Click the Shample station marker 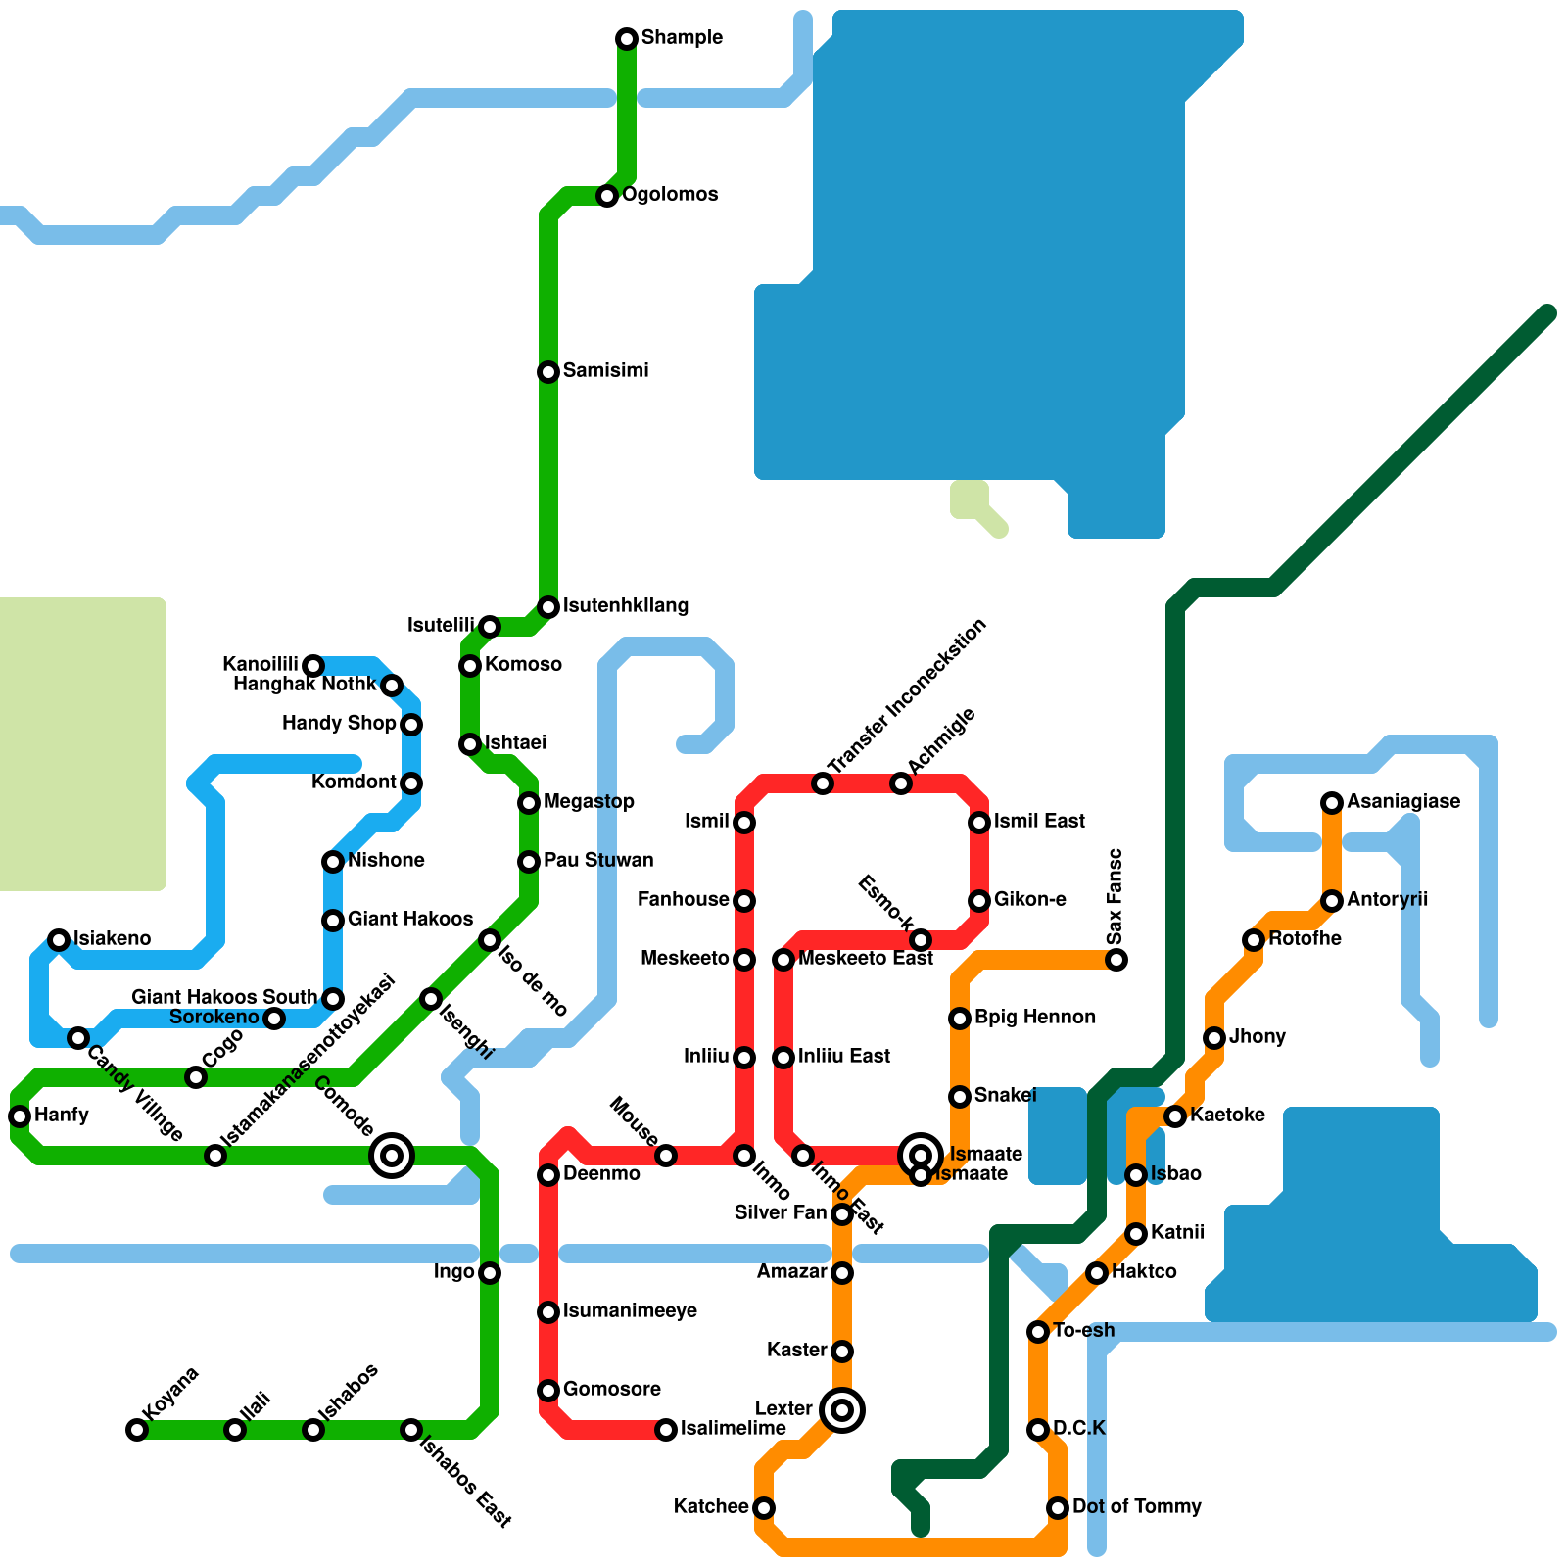627,39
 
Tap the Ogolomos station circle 607,196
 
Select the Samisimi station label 605,371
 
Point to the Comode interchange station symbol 392,1156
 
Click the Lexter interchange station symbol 842,1410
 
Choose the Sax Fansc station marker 1116,960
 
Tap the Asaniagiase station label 1402,802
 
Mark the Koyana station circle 137,1430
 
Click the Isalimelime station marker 666,1430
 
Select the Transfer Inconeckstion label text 907,696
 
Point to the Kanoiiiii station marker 313,666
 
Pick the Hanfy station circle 20,1116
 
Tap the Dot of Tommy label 1136,1507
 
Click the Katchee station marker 764,1508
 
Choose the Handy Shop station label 339,724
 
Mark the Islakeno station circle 59,940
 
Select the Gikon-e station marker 979,901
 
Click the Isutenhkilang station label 625,606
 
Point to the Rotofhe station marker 1254,940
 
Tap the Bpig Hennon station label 1034,1018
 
